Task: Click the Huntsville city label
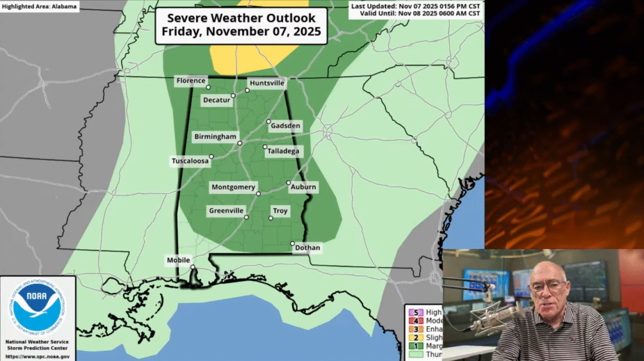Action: coord(267,83)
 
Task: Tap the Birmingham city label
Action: coord(215,137)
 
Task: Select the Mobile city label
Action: coord(179,261)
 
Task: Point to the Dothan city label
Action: coord(308,248)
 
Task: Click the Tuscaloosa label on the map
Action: coord(190,161)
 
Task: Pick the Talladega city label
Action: coord(283,151)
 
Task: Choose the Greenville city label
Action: coord(226,211)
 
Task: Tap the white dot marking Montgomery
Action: coord(258,193)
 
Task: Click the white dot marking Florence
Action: coord(208,87)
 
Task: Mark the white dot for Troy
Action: coord(270,218)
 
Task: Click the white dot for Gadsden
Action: coord(268,121)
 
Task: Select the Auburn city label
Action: coord(303,187)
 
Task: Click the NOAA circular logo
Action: coord(38,307)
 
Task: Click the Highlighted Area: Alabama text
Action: coord(39,7)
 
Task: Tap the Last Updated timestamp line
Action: coord(415,6)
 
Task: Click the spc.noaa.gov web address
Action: coord(37,356)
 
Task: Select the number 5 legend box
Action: coord(415,312)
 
